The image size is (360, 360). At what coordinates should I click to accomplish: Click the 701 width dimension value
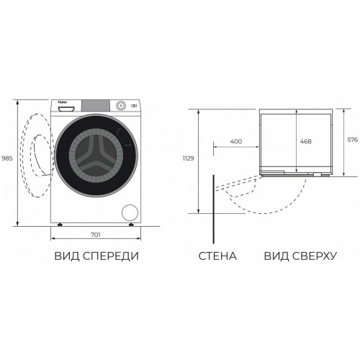click(x=95, y=235)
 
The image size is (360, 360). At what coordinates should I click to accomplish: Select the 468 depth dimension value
click(x=305, y=142)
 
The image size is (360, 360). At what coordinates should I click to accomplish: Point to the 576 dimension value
click(x=352, y=142)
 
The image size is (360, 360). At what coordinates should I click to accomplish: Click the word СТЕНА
click(x=217, y=256)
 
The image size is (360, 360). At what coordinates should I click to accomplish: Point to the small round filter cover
click(x=130, y=212)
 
